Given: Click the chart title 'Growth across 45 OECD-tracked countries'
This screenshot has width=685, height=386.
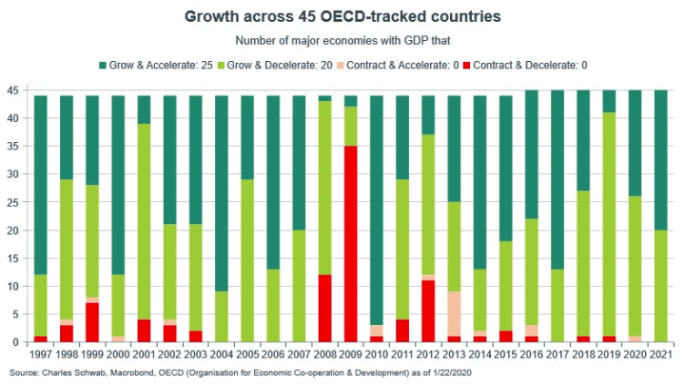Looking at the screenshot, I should (342, 17).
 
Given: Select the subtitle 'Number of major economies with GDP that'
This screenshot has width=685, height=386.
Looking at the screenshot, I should (342, 40).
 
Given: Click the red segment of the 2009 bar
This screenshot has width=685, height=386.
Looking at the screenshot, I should (351, 244).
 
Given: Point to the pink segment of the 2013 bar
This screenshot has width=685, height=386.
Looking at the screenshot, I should (455, 314).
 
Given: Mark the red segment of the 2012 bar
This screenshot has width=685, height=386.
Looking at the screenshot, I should (429, 311).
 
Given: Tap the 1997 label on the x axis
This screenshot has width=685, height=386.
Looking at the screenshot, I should (41, 354).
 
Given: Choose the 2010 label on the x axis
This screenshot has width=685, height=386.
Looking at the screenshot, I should (377, 354).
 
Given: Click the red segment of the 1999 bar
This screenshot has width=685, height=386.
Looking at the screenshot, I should (92, 322).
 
